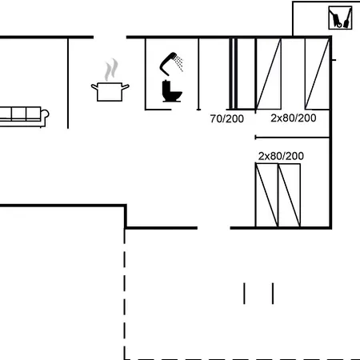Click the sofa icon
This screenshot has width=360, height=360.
pyautogui.click(x=22, y=115)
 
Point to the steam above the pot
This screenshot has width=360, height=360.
pyautogui.click(x=113, y=67)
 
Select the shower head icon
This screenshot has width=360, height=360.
pyautogui.click(x=170, y=61)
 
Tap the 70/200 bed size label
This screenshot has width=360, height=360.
pyautogui.click(x=226, y=118)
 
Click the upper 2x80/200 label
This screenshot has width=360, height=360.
pyautogui.click(x=293, y=118)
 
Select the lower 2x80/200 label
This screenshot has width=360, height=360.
pyautogui.click(x=281, y=155)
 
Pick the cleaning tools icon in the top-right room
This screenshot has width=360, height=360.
pyautogui.click(x=341, y=18)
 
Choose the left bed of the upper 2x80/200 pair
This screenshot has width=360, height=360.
pyautogui.click(x=268, y=73)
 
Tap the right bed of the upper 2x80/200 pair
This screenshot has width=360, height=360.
pyautogui.click(x=317, y=73)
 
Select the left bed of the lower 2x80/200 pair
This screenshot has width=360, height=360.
pyautogui.click(x=266, y=195)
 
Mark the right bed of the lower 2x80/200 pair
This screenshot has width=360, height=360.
pyautogui.click(x=289, y=195)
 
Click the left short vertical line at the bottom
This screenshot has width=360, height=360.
pyautogui.click(x=245, y=293)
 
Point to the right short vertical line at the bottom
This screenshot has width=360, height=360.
pyautogui.click(x=273, y=293)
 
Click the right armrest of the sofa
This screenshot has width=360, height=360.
pyautogui.click(x=46, y=116)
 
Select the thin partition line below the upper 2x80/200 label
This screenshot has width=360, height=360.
pyautogui.click(x=292, y=138)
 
